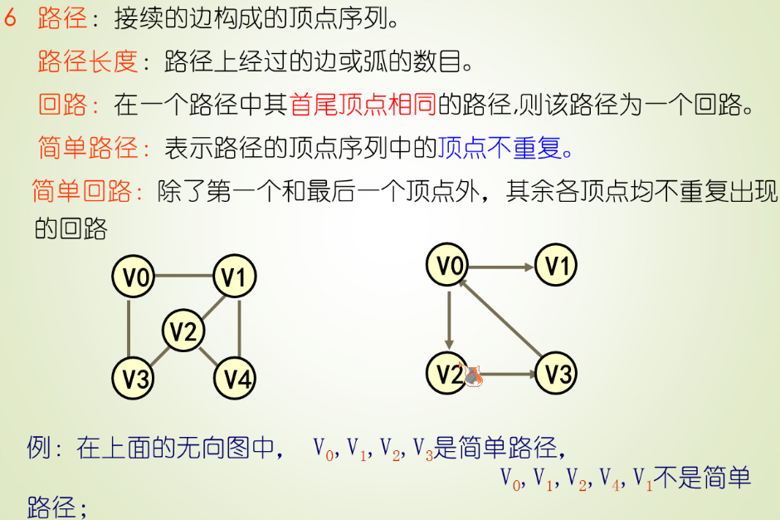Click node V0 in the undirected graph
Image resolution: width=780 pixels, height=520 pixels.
134,277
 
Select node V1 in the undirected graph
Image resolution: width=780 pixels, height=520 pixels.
236,277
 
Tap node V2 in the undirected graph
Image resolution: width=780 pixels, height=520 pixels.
183,331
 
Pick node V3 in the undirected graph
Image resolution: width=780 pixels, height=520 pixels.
134,379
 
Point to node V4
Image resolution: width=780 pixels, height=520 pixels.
236,379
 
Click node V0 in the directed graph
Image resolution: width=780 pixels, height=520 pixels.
448,266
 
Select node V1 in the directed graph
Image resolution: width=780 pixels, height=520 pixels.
555,266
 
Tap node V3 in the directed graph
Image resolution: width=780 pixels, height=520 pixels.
555,374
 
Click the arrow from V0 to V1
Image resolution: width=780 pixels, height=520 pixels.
501,267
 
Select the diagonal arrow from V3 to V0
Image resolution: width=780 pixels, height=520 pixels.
501,321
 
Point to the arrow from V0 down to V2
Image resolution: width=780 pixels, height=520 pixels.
449,320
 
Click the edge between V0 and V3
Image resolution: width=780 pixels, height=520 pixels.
130,328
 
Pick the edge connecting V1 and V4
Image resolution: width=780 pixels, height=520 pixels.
239,328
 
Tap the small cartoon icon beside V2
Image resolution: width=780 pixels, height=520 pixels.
473,376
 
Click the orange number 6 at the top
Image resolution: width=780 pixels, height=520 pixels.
11,19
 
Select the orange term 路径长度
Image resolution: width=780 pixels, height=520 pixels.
87,61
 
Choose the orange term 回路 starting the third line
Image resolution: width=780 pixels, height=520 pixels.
63,105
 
